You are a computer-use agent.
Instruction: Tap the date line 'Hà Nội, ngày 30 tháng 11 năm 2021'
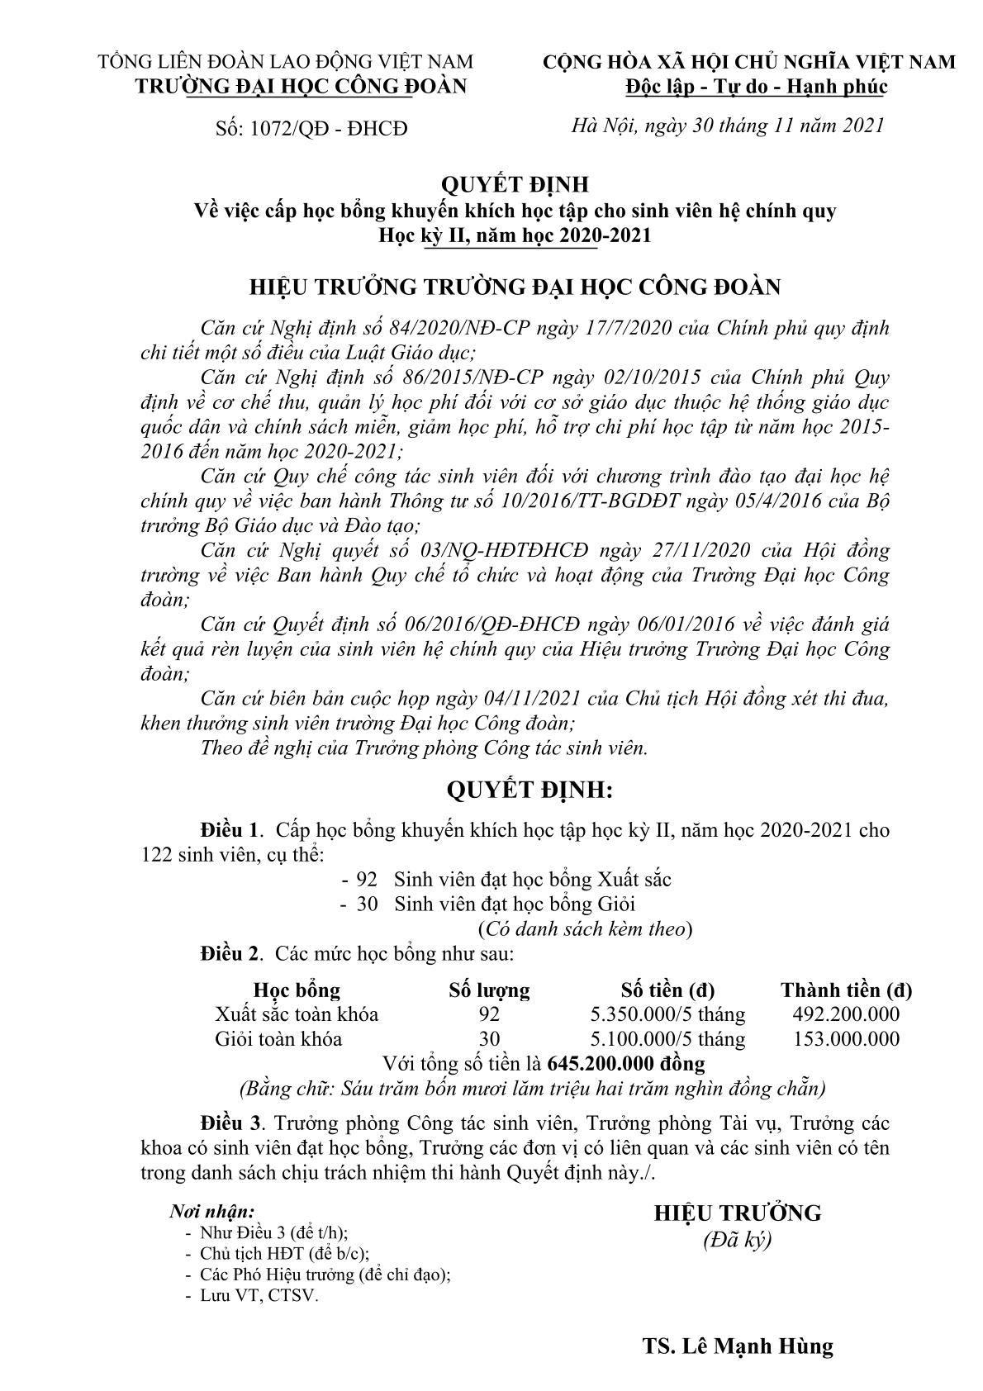point(728,126)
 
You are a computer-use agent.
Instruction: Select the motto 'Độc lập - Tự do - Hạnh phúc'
point(756,86)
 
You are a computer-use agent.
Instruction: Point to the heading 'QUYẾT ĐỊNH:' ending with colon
point(529,790)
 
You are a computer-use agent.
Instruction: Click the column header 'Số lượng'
point(489,990)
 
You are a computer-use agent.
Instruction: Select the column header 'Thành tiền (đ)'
point(846,990)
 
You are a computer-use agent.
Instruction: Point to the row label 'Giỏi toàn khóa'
point(278,1038)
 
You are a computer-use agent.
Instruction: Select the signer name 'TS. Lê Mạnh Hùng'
point(737,1346)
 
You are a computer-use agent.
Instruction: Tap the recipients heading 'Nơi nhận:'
point(212,1212)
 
